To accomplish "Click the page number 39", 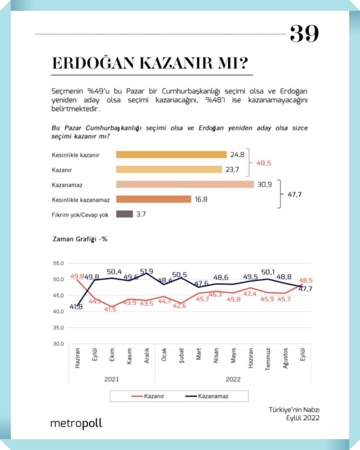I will [304, 34].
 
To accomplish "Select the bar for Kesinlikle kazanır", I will [171, 154].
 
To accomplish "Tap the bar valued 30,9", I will [185, 184].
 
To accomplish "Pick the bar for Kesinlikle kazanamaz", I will [154, 199].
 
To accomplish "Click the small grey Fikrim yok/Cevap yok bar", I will [124, 214].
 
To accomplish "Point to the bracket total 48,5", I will [263, 163].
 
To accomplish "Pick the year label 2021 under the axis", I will [112, 379].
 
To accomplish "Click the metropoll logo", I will [76, 423].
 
